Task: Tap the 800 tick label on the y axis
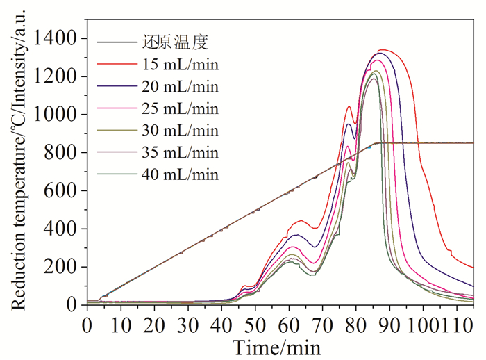65,153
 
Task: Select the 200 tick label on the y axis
65,267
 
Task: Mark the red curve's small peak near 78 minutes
349,106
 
